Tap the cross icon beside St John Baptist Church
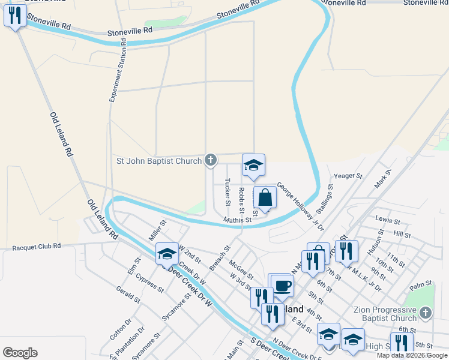point(210,160)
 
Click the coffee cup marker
point(282,285)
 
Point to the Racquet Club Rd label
point(37,246)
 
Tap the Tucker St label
point(228,192)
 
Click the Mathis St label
point(237,220)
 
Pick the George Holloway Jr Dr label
point(300,207)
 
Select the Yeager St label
point(349,176)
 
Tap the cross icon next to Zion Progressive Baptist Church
point(425,313)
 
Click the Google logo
point(20,353)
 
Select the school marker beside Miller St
point(167,254)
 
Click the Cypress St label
point(150,283)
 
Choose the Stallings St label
point(324,202)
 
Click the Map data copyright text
point(412,355)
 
